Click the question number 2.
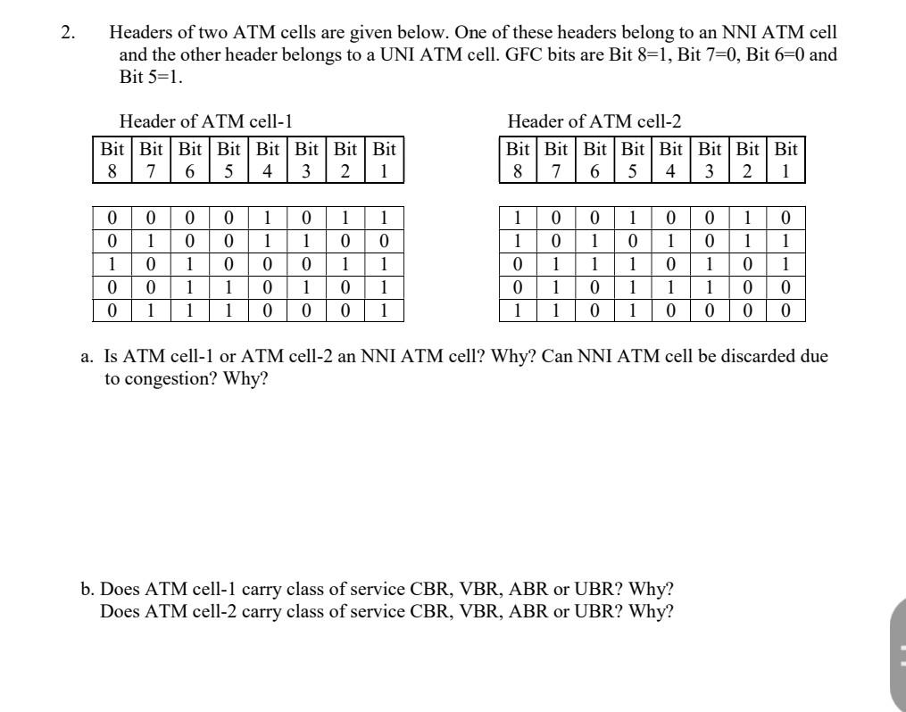67,33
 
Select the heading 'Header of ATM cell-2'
594,120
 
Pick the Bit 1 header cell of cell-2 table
785,159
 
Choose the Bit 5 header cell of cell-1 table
229,159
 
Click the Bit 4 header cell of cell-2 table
670,159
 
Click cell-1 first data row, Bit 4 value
267,217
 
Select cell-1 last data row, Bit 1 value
383,311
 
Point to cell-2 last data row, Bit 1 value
785,311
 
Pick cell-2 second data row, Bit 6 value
594,241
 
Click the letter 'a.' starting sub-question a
87,357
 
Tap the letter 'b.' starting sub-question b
87,589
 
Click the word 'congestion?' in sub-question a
171,378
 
